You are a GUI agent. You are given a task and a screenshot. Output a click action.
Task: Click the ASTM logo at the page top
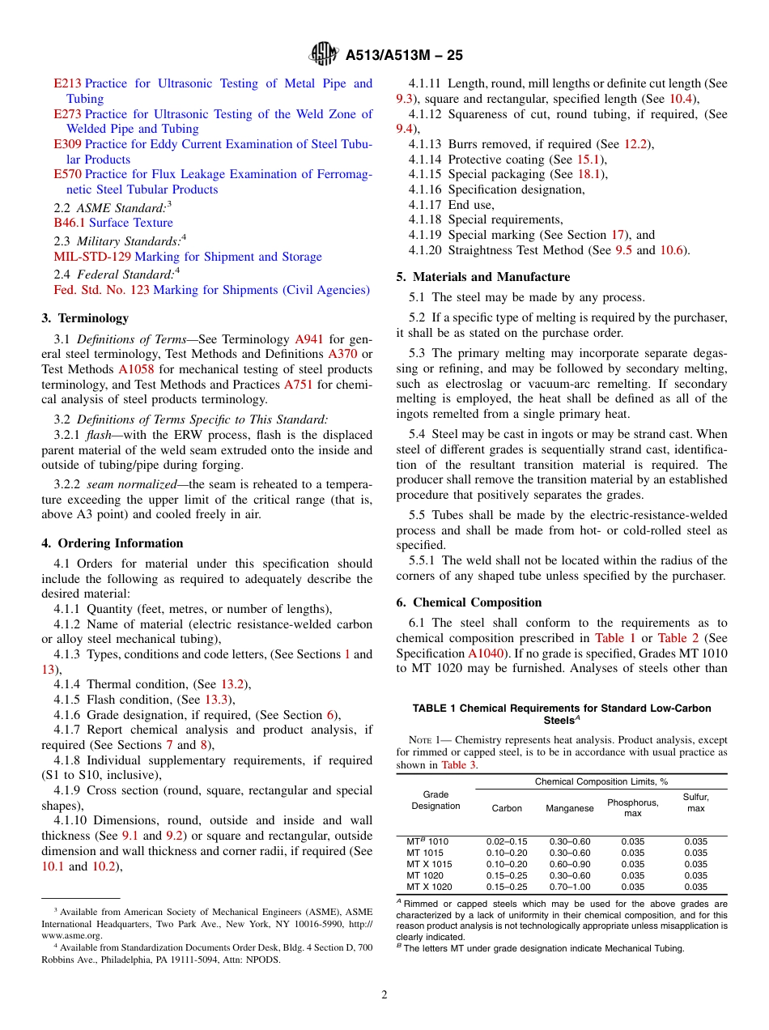click(324, 55)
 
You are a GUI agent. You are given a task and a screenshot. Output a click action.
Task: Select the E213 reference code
click(67, 83)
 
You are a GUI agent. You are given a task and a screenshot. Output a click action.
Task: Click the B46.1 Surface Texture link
click(113, 223)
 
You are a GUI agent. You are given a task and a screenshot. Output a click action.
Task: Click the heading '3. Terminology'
click(85, 318)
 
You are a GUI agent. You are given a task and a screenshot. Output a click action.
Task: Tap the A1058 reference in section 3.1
click(136, 369)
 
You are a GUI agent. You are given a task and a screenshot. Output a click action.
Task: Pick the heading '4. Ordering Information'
click(113, 543)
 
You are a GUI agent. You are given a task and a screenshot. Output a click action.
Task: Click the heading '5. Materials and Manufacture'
click(482, 277)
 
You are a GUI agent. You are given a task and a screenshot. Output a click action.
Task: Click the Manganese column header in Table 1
click(569, 808)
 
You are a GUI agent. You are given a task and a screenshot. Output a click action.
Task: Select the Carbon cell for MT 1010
click(506, 842)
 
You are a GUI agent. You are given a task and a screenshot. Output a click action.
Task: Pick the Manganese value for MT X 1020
click(569, 887)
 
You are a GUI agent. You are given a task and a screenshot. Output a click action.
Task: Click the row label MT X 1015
click(429, 864)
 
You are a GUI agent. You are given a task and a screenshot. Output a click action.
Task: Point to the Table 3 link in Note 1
click(459, 764)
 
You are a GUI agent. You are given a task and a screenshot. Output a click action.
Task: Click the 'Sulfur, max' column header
click(695, 802)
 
